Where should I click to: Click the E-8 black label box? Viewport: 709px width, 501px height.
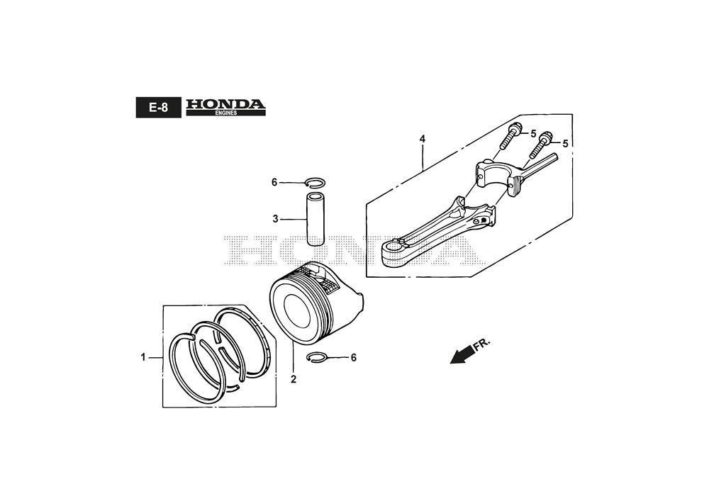158,108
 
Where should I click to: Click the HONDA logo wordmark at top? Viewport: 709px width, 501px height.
225,104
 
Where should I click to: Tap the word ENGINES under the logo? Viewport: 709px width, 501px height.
225,113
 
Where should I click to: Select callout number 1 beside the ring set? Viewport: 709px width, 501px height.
143,357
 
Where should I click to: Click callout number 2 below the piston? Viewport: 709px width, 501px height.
294,379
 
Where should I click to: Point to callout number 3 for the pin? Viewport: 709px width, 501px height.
275,220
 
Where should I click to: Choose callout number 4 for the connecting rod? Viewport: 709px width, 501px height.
423,139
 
